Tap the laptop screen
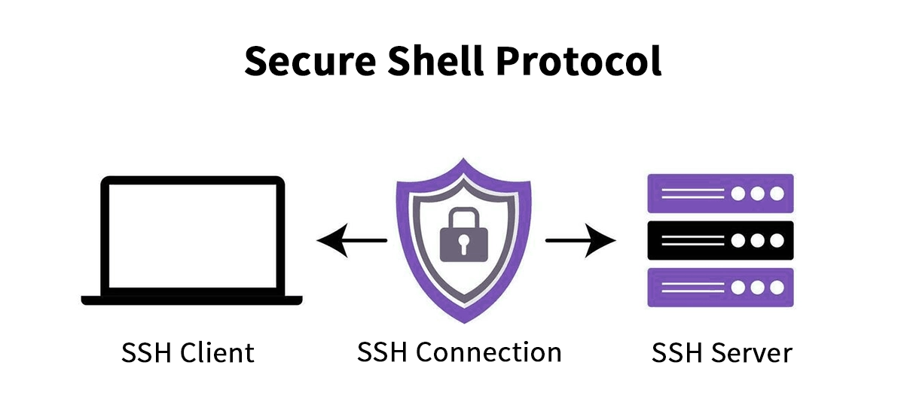point(192,237)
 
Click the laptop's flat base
point(192,300)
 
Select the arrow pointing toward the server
point(580,241)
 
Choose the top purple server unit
point(720,193)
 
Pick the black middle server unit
point(720,241)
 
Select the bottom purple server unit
point(720,288)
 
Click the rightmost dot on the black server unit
point(775,241)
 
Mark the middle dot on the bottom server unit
point(757,288)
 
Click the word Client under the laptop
point(220,352)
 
